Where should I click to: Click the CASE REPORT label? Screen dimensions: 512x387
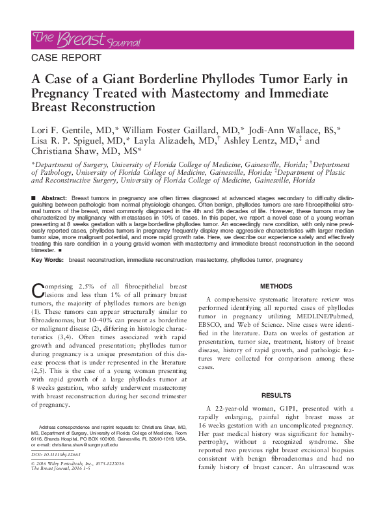66,58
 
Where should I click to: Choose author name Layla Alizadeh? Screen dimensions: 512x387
174,140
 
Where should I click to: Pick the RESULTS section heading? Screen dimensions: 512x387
276,395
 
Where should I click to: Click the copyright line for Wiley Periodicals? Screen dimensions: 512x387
72,464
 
